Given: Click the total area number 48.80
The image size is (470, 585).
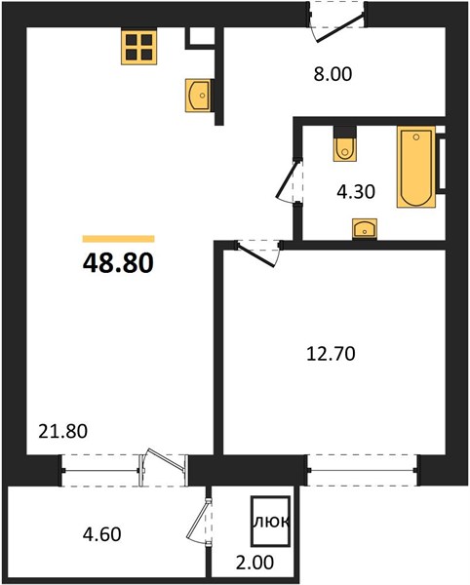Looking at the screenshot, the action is [118, 262].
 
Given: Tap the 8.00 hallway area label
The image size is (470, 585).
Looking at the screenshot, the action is [333, 74].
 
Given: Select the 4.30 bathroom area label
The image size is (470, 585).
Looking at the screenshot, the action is [356, 192].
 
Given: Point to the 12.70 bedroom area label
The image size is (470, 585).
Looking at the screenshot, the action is [331, 353].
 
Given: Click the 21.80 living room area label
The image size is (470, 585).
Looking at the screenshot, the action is [63, 431].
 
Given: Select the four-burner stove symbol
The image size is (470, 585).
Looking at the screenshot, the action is [138, 47].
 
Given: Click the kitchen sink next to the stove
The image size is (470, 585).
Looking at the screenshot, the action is [198, 96].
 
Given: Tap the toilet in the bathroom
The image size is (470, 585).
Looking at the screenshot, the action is [345, 144].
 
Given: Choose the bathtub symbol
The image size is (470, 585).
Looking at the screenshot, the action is [416, 167].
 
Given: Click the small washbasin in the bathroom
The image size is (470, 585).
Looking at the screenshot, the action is [365, 229].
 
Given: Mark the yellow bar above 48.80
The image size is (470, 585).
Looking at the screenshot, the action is [119, 239].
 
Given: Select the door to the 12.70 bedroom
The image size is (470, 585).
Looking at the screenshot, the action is [258, 254].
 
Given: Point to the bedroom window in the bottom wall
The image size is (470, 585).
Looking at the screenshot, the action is [362, 470].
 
